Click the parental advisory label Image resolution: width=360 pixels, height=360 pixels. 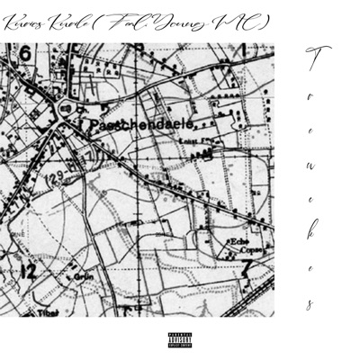[180, 339]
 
